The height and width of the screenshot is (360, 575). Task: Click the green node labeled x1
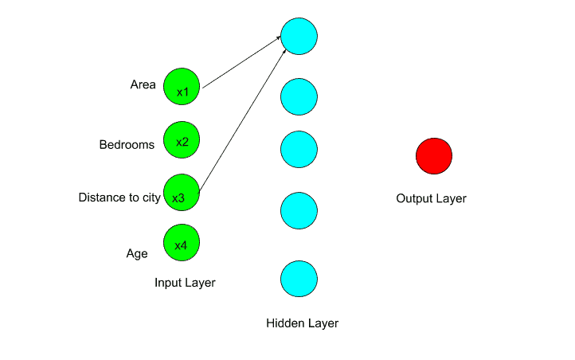pyautogui.click(x=182, y=86)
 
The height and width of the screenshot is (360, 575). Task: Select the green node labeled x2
pyautogui.click(x=182, y=139)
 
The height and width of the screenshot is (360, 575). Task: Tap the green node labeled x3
pyautogui.click(x=181, y=193)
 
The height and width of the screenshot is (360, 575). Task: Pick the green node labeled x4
pyautogui.click(x=182, y=243)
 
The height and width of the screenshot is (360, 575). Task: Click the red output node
pyautogui.click(x=434, y=155)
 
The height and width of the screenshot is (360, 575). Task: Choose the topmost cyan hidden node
pyautogui.click(x=299, y=37)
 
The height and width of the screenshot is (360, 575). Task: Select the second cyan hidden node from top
pyautogui.click(x=299, y=96)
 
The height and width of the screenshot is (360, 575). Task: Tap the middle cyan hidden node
pyautogui.click(x=299, y=149)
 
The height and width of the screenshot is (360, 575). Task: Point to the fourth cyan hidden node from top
pyautogui.click(x=299, y=210)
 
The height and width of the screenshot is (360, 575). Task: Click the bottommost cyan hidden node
pyautogui.click(x=299, y=278)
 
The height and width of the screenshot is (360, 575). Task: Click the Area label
pyautogui.click(x=143, y=84)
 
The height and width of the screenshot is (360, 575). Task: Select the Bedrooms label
pyautogui.click(x=127, y=144)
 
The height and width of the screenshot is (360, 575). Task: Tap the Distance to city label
pyautogui.click(x=119, y=198)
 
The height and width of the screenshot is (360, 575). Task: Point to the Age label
pyautogui.click(x=137, y=253)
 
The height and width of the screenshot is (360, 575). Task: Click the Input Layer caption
pyautogui.click(x=185, y=282)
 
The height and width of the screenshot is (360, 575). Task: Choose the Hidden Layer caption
pyautogui.click(x=302, y=323)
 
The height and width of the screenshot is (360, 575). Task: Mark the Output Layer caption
pyautogui.click(x=431, y=198)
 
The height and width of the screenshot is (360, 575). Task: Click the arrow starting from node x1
pyautogui.click(x=243, y=61)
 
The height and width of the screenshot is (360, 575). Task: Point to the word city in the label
pyautogui.click(x=151, y=198)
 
